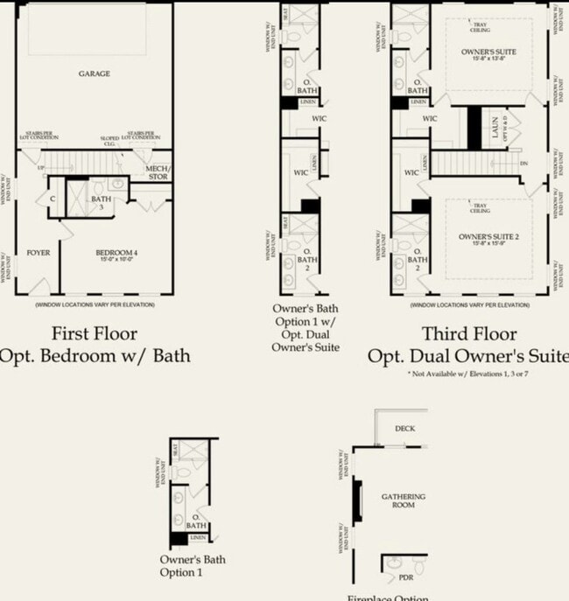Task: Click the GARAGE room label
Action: (x=94, y=74)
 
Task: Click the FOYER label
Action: (x=38, y=253)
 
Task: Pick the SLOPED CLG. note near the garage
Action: (x=109, y=141)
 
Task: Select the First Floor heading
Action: (x=94, y=333)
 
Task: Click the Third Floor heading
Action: (x=469, y=333)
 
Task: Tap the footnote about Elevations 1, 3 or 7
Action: (x=469, y=374)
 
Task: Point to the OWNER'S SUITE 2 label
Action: (x=488, y=237)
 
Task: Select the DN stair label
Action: (x=524, y=163)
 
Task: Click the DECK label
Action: (x=404, y=429)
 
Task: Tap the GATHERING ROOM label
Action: (x=404, y=500)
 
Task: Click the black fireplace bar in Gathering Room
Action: (x=356, y=500)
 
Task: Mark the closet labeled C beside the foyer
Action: (x=54, y=199)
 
